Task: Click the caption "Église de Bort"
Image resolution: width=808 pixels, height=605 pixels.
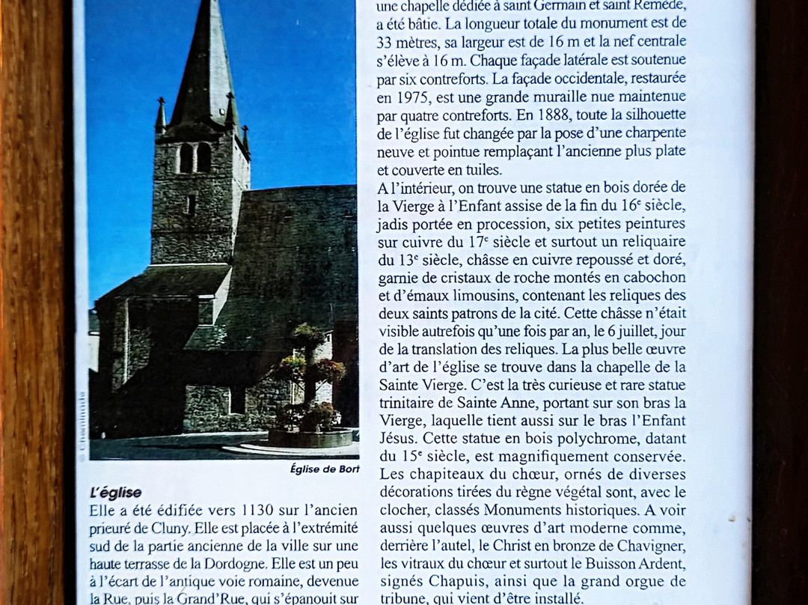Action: (x=325, y=469)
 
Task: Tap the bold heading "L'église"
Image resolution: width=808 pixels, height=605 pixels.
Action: (x=115, y=493)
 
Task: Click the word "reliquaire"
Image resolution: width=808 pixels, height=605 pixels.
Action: (x=646, y=241)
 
